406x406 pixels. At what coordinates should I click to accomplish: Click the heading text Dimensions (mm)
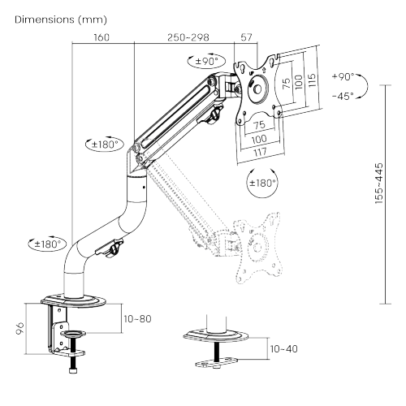coord(61,19)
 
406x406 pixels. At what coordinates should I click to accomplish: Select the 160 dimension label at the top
coord(101,37)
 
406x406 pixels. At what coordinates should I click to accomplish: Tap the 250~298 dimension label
coord(188,37)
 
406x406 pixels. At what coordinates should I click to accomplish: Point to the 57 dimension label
coord(246,37)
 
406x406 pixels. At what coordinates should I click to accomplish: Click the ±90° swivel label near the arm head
coord(207,62)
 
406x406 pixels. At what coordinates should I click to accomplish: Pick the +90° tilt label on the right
coord(343,76)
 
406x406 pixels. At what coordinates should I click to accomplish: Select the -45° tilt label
coord(343,96)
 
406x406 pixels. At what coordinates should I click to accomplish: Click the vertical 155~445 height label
coord(379,184)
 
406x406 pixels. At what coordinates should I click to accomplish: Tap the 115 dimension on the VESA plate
coord(312,80)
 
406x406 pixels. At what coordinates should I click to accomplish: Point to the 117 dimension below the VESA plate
coord(260,152)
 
